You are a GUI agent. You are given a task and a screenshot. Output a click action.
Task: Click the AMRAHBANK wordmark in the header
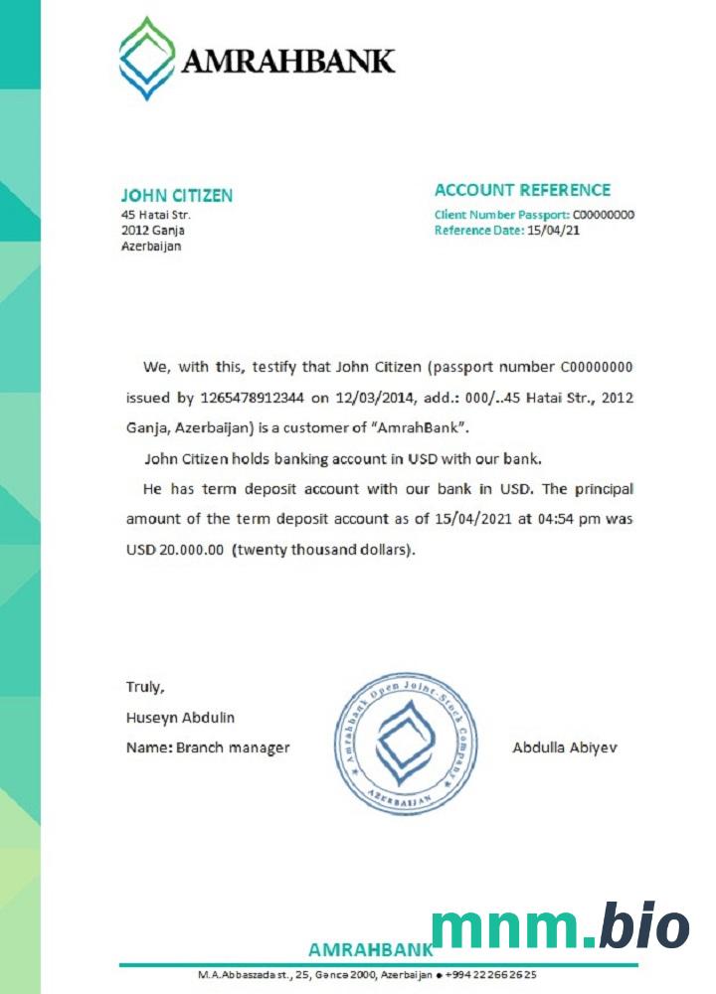coord(287,62)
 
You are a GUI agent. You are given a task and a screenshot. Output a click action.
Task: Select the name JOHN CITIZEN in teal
coord(176,195)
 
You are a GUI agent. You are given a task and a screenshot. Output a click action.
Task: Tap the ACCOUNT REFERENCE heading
coord(522,190)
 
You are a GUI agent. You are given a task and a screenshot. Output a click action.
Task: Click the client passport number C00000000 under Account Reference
coord(604,215)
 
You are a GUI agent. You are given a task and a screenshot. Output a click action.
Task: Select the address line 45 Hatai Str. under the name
coord(155,215)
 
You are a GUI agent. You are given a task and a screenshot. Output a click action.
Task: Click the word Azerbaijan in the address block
coord(151,247)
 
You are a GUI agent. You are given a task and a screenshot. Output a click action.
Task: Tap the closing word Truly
coord(144,687)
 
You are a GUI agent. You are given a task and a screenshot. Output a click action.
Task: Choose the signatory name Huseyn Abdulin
coord(180,717)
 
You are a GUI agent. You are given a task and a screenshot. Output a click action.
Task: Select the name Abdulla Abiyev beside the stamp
coord(564,747)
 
